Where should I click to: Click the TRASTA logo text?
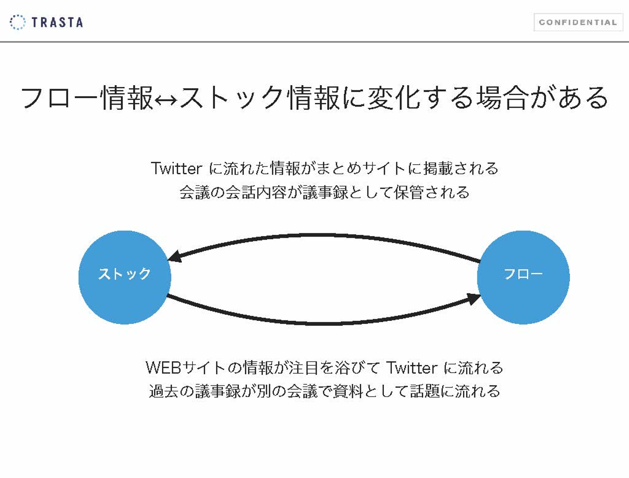point(57,22)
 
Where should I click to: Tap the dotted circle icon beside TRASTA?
point(17,22)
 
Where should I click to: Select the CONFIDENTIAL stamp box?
point(578,22)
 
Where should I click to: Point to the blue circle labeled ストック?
point(124,277)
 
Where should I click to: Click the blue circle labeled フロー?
point(523,277)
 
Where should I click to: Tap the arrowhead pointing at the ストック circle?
point(174,257)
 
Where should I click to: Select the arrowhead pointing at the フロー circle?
point(473,299)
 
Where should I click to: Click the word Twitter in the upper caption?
point(176,169)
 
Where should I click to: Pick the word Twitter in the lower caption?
point(412,368)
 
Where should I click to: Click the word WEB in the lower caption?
point(163,368)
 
